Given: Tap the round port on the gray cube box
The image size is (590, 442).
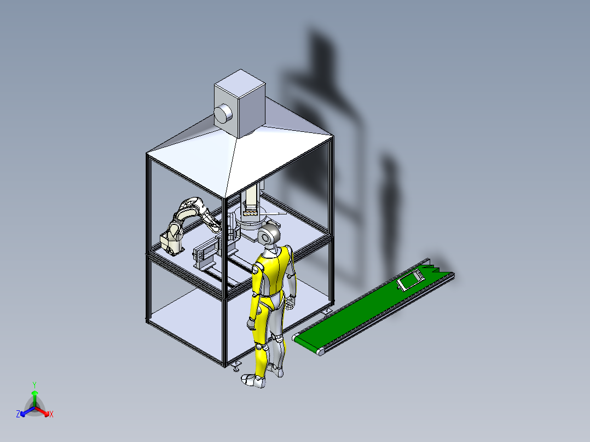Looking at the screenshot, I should (x=223, y=113).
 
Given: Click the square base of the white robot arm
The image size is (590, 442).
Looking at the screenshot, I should (x=171, y=242).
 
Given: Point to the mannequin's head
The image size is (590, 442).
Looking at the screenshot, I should (x=269, y=236).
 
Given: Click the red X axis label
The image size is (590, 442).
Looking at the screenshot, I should (x=51, y=415).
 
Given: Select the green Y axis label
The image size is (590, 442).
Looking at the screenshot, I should (x=34, y=385).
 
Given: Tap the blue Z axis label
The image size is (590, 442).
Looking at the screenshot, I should (x=18, y=415).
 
